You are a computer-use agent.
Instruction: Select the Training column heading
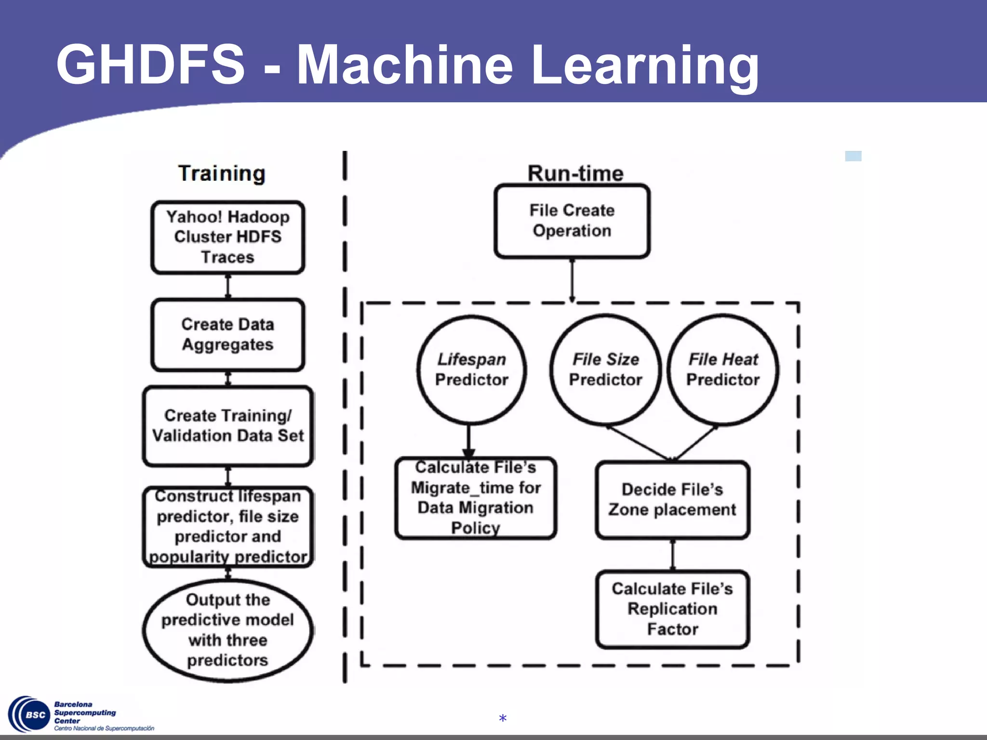(222, 173)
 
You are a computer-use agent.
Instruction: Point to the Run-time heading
(575, 173)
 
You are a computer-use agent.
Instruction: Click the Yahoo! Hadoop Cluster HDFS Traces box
(227, 237)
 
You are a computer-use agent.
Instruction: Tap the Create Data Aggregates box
(227, 335)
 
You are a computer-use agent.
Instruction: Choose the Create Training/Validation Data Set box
(227, 426)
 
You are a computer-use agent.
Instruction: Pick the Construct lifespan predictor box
(227, 527)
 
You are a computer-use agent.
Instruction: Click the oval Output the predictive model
(227, 630)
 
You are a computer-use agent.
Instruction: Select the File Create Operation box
(572, 221)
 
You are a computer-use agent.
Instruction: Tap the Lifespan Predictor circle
(471, 370)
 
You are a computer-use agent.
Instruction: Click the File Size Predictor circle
(605, 370)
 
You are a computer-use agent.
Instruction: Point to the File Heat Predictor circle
(723, 370)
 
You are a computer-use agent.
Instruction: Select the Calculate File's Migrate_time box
(476, 498)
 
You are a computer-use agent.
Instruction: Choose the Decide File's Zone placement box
(672, 500)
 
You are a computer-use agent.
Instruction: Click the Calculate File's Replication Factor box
(672, 609)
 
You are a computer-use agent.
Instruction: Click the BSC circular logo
(30, 714)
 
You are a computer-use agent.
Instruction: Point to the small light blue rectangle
(853, 156)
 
